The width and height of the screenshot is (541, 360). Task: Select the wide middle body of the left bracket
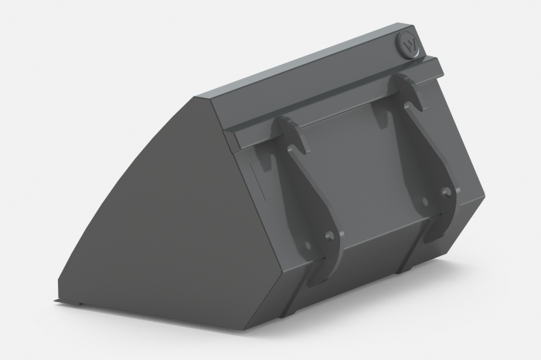(305, 201)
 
